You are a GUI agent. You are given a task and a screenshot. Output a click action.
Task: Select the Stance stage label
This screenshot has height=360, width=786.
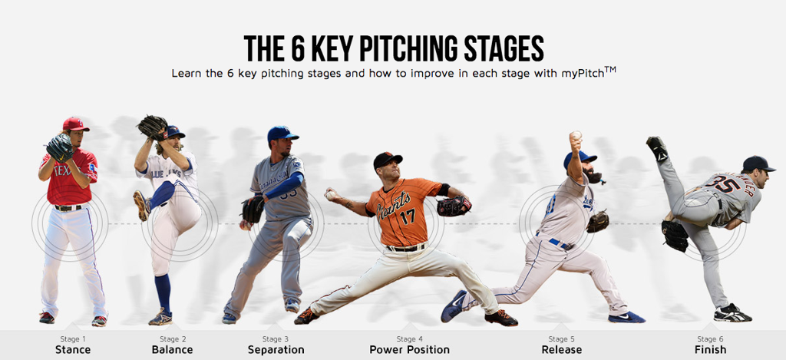(73, 349)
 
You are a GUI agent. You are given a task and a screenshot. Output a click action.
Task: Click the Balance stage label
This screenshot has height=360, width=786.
(172, 349)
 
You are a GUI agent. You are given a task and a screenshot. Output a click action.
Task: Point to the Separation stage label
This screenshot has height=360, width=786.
(276, 349)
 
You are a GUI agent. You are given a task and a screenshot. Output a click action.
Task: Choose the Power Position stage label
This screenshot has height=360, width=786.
(410, 349)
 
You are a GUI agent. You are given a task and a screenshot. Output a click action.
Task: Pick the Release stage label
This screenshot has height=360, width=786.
(561, 349)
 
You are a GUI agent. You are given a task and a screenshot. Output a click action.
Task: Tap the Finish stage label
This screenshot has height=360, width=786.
(710, 349)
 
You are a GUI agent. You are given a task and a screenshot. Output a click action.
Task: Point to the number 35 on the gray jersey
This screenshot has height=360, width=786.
(726, 184)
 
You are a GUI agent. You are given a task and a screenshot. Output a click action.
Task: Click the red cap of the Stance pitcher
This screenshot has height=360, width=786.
(75, 124)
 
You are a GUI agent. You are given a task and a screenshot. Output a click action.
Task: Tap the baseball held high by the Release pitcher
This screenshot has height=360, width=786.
(576, 136)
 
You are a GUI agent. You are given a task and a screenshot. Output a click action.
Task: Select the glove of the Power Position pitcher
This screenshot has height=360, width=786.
(454, 206)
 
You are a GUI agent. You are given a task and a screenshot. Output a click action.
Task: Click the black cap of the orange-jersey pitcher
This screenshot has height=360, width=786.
(388, 160)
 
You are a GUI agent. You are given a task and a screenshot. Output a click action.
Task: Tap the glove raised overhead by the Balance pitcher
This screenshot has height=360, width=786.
(153, 127)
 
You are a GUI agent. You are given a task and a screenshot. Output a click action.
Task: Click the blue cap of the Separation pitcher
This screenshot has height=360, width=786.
(282, 134)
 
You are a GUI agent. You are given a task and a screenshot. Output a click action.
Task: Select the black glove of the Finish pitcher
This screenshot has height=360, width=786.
(675, 235)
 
